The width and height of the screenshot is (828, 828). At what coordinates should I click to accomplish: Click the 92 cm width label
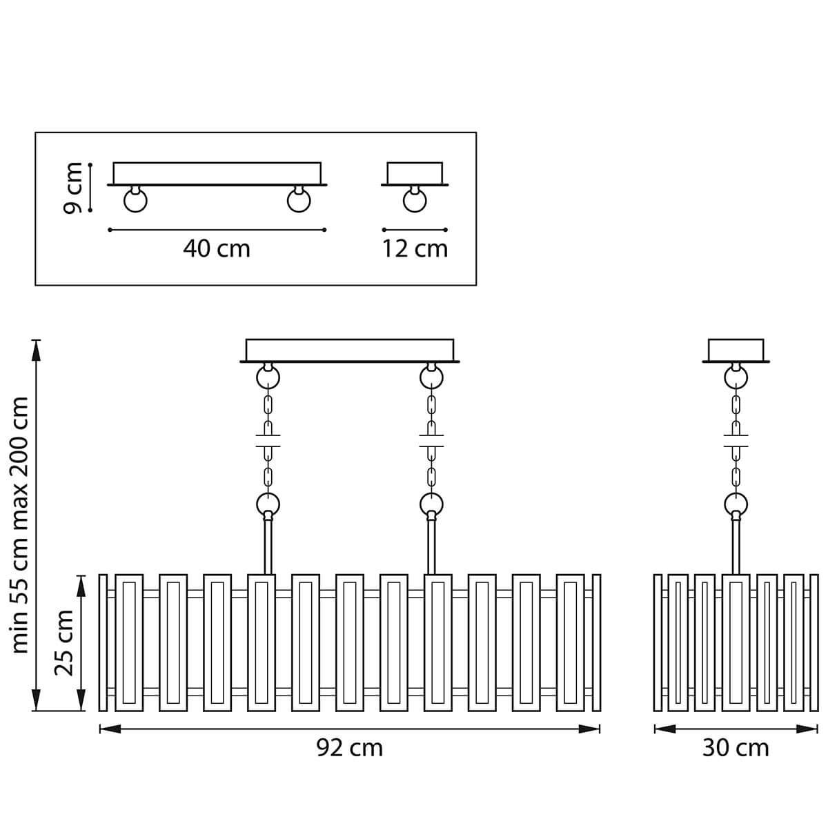[x=349, y=747]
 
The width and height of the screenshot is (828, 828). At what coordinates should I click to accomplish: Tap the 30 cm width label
[x=735, y=747]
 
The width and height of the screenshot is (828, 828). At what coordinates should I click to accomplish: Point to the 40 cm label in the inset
[x=217, y=248]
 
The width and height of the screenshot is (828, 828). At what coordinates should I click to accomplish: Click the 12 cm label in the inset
[x=415, y=248]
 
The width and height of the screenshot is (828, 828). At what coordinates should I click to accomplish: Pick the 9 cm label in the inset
[x=72, y=187]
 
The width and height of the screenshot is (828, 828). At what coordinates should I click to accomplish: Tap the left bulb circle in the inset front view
[x=135, y=201]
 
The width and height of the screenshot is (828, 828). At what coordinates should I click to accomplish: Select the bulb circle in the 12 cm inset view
[x=415, y=201]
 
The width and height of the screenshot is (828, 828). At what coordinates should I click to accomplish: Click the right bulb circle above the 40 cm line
[x=299, y=201]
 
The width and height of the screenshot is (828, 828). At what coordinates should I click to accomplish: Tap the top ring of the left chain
[x=268, y=377]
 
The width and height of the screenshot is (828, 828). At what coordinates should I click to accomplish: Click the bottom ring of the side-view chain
[x=736, y=503]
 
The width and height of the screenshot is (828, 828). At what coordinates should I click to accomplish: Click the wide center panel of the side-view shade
[x=736, y=642]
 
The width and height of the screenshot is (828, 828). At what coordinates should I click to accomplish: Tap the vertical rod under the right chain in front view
[x=431, y=545]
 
